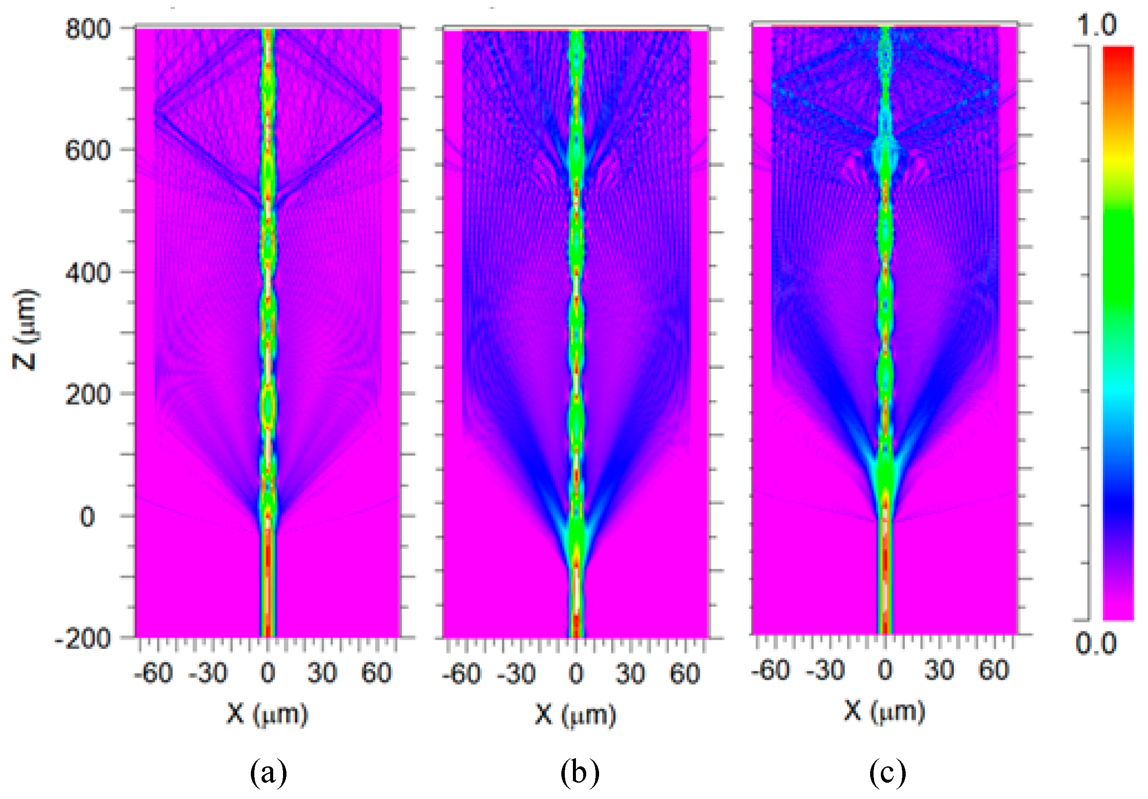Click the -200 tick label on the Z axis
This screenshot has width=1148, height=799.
[x=83, y=639]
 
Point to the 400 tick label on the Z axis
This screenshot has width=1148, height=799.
[x=87, y=273]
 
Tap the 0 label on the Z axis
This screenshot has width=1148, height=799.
[x=87, y=516]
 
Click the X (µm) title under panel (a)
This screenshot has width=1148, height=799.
[x=268, y=714]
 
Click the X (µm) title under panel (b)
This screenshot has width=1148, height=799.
[x=576, y=715]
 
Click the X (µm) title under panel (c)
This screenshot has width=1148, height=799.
[x=885, y=711]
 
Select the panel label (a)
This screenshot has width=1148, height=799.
[x=268, y=772]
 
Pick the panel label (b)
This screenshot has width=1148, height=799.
[x=579, y=772]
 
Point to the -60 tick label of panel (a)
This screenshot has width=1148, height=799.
[x=153, y=673]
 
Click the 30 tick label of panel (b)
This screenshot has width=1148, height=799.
[x=630, y=674]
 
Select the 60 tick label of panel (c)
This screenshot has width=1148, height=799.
[x=994, y=670]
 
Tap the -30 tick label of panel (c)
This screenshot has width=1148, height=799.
[x=825, y=670]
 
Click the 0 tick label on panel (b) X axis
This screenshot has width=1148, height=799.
[x=576, y=674]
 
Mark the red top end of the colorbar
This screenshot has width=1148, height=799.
[x=1118, y=52]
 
